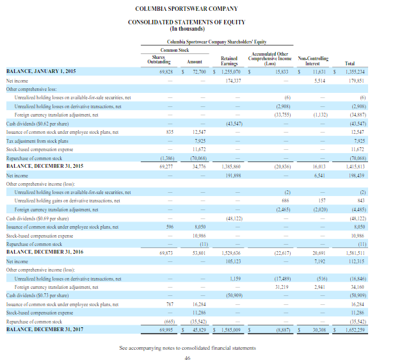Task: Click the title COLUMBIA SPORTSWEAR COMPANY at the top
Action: (186, 8)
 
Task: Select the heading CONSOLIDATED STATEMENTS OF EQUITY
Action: (186, 22)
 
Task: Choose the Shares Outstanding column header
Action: (156, 62)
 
